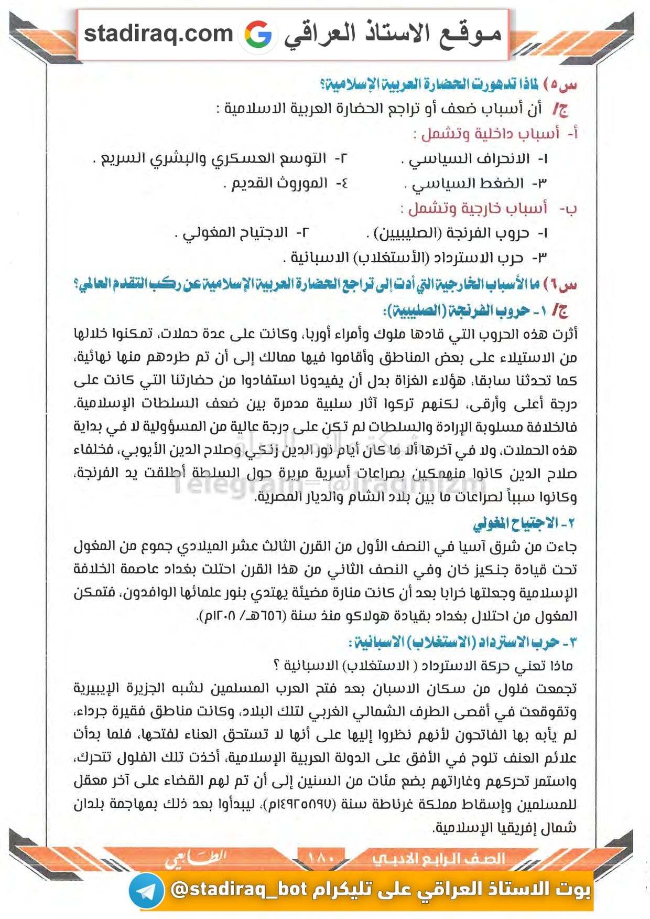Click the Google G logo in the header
coord(258,35)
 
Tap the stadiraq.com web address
coord(158,34)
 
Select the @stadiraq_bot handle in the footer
coord(239,889)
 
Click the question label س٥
coord(560,84)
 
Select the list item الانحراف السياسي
coord(469,158)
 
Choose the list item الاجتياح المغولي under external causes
coord(235,232)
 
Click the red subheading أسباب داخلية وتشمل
coord(490,133)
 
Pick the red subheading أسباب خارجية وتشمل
coord(478,208)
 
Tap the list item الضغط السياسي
coord(468,183)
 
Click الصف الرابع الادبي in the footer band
coord(438,859)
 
